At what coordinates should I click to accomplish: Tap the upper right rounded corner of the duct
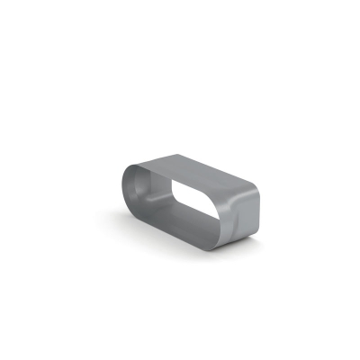tap(253, 191)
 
